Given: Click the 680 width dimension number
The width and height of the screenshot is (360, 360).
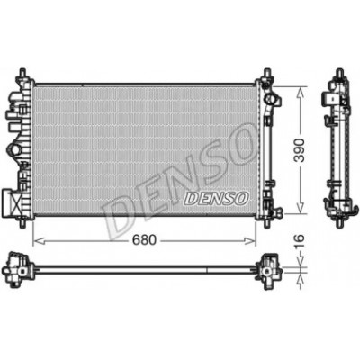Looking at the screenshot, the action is (145, 240).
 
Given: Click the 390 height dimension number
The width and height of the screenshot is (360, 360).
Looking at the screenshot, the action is (300, 150).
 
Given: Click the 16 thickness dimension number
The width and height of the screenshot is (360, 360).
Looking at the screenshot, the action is (299, 242).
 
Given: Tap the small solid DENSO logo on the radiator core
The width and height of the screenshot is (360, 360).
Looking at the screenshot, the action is (216, 199).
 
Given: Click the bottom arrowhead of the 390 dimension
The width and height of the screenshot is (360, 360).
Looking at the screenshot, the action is (300, 208).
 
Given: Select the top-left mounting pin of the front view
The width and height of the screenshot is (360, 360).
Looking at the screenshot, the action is (22, 74).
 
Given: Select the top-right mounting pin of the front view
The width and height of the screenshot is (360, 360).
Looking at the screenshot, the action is (266, 74).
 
